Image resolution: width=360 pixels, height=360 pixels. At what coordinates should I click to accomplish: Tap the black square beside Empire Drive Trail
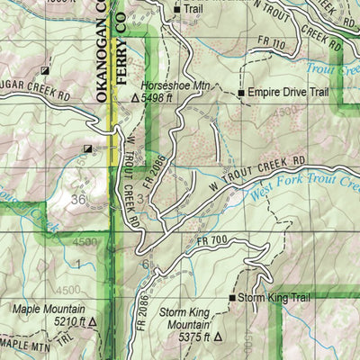241,93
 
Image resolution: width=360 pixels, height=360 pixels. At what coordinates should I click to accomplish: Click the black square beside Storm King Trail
231,297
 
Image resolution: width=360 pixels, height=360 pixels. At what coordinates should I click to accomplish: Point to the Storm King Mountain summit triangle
216,339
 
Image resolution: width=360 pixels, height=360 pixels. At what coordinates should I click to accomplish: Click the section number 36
78,200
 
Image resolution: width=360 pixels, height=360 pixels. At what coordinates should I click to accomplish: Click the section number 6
145,264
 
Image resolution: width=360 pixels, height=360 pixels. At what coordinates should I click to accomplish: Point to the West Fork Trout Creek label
301,189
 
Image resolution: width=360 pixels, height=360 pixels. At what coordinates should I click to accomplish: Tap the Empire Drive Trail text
286,93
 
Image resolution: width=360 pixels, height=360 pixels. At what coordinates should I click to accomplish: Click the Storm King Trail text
271,297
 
